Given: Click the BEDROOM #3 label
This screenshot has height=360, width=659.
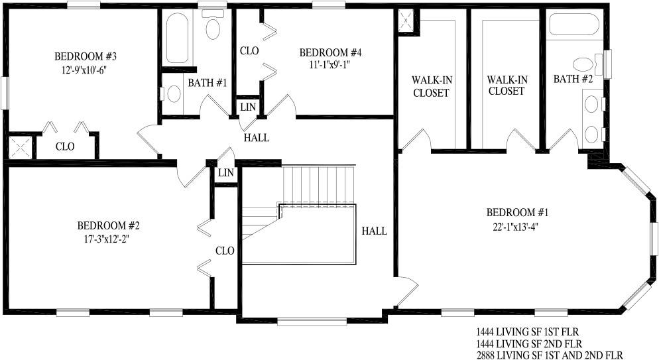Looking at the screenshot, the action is point(86,56).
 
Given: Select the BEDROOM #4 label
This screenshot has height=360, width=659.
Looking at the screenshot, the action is point(330,53).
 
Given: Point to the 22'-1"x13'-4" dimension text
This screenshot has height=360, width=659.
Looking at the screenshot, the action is point(516,227).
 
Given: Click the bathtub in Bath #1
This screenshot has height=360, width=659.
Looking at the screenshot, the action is point(177,38).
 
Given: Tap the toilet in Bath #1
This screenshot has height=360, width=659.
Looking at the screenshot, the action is point(213,25).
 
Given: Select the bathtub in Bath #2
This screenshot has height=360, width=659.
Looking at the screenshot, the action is point(574,25).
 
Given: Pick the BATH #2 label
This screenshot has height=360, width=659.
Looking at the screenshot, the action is point(573,79).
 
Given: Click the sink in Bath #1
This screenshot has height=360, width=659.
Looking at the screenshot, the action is point(173,93).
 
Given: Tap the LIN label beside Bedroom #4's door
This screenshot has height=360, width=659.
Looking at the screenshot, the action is point(248,107).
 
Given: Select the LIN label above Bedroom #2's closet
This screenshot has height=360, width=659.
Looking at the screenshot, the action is point(225,172).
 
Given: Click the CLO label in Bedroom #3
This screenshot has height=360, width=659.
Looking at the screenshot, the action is point(65,147).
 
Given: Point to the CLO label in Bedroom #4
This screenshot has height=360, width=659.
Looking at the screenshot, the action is point(249,51).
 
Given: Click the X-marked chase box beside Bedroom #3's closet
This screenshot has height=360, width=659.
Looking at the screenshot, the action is point(21,147).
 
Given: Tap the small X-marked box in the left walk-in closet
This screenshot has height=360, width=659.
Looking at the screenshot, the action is point(406,19).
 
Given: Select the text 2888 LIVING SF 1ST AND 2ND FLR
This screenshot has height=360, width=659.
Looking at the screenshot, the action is point(550,355).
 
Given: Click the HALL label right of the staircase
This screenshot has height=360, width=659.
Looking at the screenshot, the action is point(375,231).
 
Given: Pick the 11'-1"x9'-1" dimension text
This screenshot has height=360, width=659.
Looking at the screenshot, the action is point(330,65).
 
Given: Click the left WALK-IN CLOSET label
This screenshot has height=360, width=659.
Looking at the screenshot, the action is point(431,87).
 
